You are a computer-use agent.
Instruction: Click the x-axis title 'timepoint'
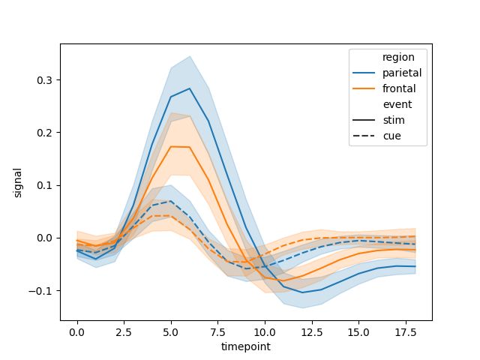(245, 346)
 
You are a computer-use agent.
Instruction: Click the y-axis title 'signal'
(18, 182)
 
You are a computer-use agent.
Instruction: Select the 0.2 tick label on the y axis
(44, 133)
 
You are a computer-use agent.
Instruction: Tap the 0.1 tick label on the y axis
(44, 185)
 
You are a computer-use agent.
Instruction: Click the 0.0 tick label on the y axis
(44, 238)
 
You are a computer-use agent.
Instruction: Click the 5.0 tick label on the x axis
(171, 331)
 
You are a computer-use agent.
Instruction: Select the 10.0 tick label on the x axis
(265, 331)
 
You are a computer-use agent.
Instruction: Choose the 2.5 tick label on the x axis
(124, 331)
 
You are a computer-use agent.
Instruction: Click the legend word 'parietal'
(402, 73)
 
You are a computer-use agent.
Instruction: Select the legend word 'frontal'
(399, 88)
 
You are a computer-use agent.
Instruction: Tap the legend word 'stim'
(394, 120)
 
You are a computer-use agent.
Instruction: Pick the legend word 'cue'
(391, 136)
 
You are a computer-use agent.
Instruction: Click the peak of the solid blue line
(190, 88)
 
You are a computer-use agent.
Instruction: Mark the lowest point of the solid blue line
(302, 292)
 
